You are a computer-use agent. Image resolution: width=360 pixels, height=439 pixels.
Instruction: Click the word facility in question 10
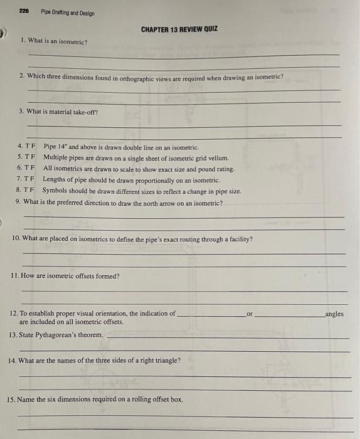[x=240, y=239]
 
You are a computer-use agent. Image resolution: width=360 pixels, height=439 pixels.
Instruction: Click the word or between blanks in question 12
[x=249, y=314]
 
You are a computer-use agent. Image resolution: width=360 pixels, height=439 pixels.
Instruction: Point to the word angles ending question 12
[x=334, y=314]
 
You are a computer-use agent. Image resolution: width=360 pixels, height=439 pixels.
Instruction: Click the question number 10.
[x=16, y=239]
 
